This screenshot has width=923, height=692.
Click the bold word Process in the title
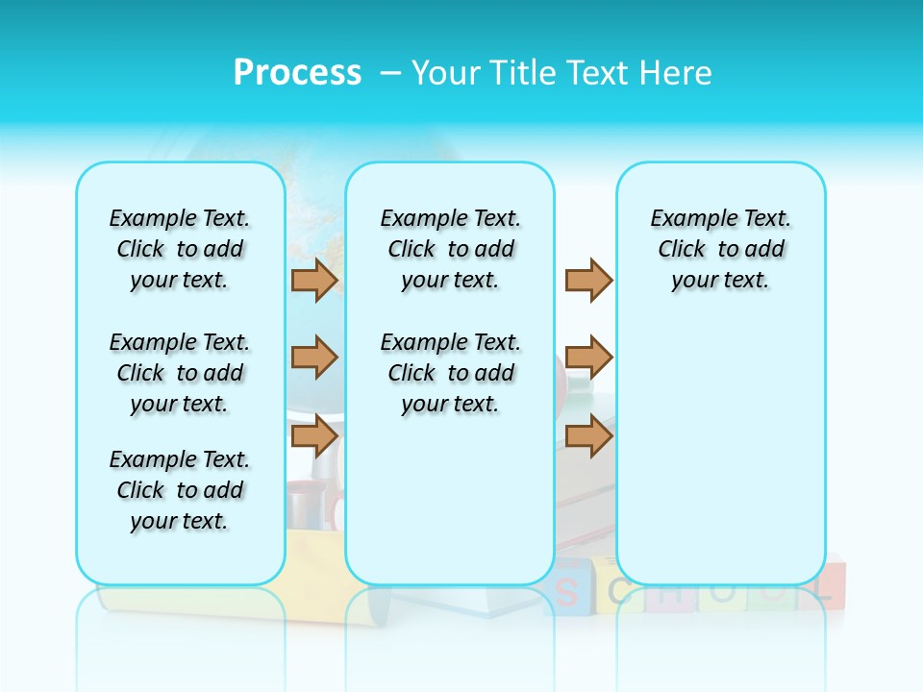pos(297,73)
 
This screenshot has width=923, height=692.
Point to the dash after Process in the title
pos(390,73)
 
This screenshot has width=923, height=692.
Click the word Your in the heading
pos(446,73)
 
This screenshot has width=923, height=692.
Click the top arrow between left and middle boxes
pos(314,280)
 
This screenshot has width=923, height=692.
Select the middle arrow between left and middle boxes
pos(314,358)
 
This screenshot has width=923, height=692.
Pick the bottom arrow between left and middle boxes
pos(314,436)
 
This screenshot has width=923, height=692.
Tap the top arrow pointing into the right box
pos(588,280)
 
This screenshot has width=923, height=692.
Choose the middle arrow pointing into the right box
pos(588,358)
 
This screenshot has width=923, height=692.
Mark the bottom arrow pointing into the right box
pos(588,436)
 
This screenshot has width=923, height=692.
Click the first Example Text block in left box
pos(180,249)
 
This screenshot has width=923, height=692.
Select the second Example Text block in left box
pos(180,373)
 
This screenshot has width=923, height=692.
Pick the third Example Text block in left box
pos(180,490)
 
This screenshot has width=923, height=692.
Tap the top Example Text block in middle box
pos(450,249)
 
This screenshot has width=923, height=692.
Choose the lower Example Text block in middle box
pos(450,373)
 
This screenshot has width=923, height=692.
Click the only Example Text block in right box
pos(720,249)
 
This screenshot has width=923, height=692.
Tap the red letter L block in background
pos(825,585)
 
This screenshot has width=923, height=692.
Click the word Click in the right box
pos(682,249)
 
